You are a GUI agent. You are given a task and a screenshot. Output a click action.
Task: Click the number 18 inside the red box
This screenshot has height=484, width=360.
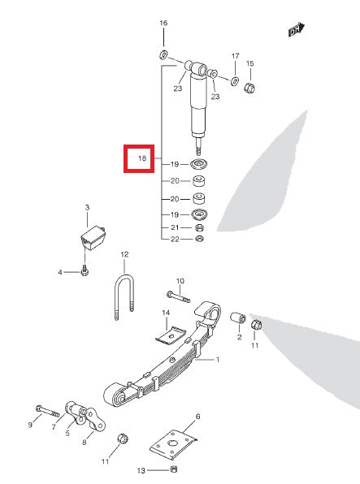(141, 158)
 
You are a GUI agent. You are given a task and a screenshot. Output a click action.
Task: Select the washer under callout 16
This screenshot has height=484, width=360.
(163, 54)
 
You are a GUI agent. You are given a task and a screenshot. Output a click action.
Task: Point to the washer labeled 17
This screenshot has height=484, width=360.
(234, 81)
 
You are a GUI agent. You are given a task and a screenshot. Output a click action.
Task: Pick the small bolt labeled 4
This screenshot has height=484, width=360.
(85, 271)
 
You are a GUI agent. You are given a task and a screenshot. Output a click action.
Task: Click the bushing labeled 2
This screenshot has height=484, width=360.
(240, 316)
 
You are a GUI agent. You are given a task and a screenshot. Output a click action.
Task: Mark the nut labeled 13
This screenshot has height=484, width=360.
(173, 469)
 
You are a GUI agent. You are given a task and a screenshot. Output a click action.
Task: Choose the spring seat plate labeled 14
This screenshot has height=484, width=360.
(171, 333)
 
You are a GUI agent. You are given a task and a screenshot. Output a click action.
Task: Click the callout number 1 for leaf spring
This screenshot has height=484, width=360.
(218, 359)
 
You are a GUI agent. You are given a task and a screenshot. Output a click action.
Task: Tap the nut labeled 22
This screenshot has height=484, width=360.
(199, 240)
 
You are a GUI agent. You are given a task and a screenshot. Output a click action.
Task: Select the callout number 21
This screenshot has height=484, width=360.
(174, 227)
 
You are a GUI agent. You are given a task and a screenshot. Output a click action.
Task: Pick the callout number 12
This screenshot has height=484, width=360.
(125, 254)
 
